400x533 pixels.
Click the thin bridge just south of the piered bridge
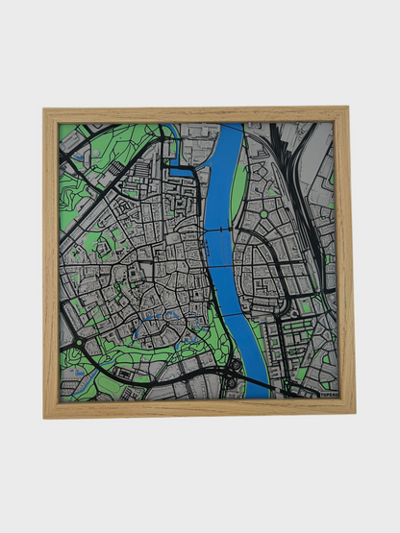click(223, 265)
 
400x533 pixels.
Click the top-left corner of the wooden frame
click(45, 109)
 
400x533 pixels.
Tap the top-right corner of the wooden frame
click(347, 109)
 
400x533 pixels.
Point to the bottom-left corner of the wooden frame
click(45, 416)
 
